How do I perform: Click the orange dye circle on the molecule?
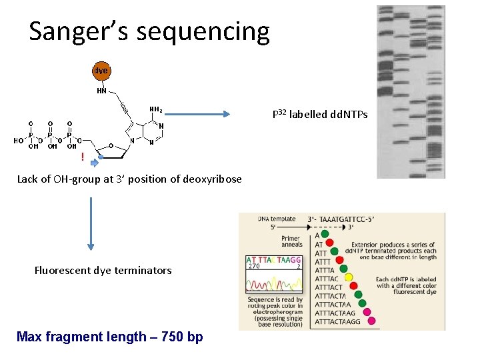click(101, 71)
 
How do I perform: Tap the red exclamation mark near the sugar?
click(82, 157)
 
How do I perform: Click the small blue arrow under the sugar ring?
click(95, 162)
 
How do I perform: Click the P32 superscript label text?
click(279, 114)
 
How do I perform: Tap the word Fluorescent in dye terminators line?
click(63, 271)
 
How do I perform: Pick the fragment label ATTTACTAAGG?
click(337, 321)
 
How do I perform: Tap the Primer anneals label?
click(291, 241)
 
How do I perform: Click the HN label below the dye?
click(102, 91)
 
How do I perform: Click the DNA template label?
click(277, 219)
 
